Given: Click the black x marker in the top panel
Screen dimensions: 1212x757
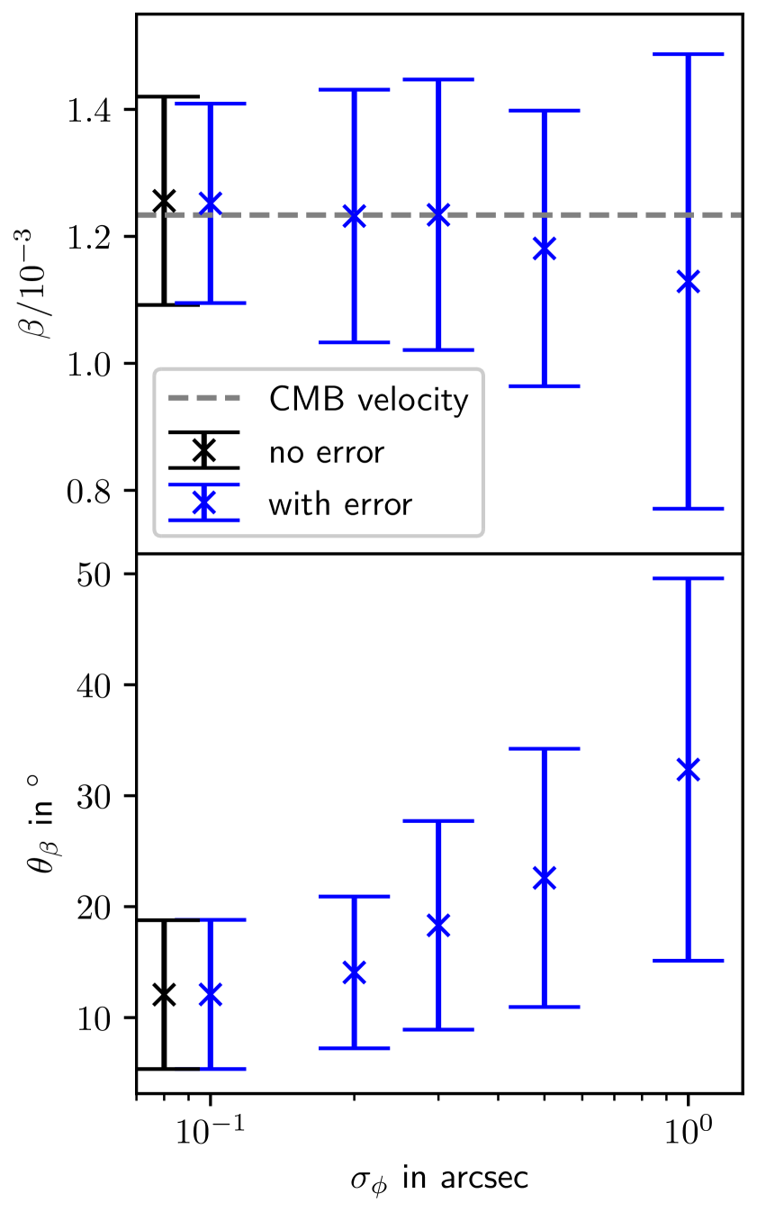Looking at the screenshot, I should point(163,201).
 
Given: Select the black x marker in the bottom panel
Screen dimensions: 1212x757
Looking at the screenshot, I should point(163,995).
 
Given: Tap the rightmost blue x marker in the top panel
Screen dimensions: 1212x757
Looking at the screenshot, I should point(689,283).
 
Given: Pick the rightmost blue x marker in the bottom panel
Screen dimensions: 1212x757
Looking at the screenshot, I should point(689,770).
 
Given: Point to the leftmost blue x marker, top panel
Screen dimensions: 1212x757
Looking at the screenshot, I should point(210,204).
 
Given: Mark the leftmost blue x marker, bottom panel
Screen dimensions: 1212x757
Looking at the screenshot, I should point(210,995).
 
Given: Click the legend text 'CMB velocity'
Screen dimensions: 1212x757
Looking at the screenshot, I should point(368,400).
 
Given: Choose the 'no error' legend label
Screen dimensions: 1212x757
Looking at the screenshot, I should point(326,452).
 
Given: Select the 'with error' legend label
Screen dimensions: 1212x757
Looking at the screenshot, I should point(339,504).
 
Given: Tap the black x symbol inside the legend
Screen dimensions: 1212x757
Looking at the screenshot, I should point(204,450).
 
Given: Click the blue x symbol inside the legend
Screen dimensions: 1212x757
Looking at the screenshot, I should point(204,502).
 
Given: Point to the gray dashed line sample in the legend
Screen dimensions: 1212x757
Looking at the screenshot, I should point(204,398).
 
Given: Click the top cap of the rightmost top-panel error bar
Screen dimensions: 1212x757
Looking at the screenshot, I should point(689,55).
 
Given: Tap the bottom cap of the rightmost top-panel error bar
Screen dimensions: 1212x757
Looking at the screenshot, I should point(689,509).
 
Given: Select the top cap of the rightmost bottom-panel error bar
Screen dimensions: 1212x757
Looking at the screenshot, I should point(689,579).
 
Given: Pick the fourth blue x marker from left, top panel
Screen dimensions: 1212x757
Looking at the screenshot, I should point(545,249).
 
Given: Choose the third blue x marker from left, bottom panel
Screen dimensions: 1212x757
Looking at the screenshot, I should point(438,926).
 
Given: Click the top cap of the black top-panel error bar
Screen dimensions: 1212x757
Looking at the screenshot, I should point(163,96).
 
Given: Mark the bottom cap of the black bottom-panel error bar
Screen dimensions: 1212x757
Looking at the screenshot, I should point(163,1069).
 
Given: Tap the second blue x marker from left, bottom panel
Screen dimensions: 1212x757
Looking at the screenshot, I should point(355,972).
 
